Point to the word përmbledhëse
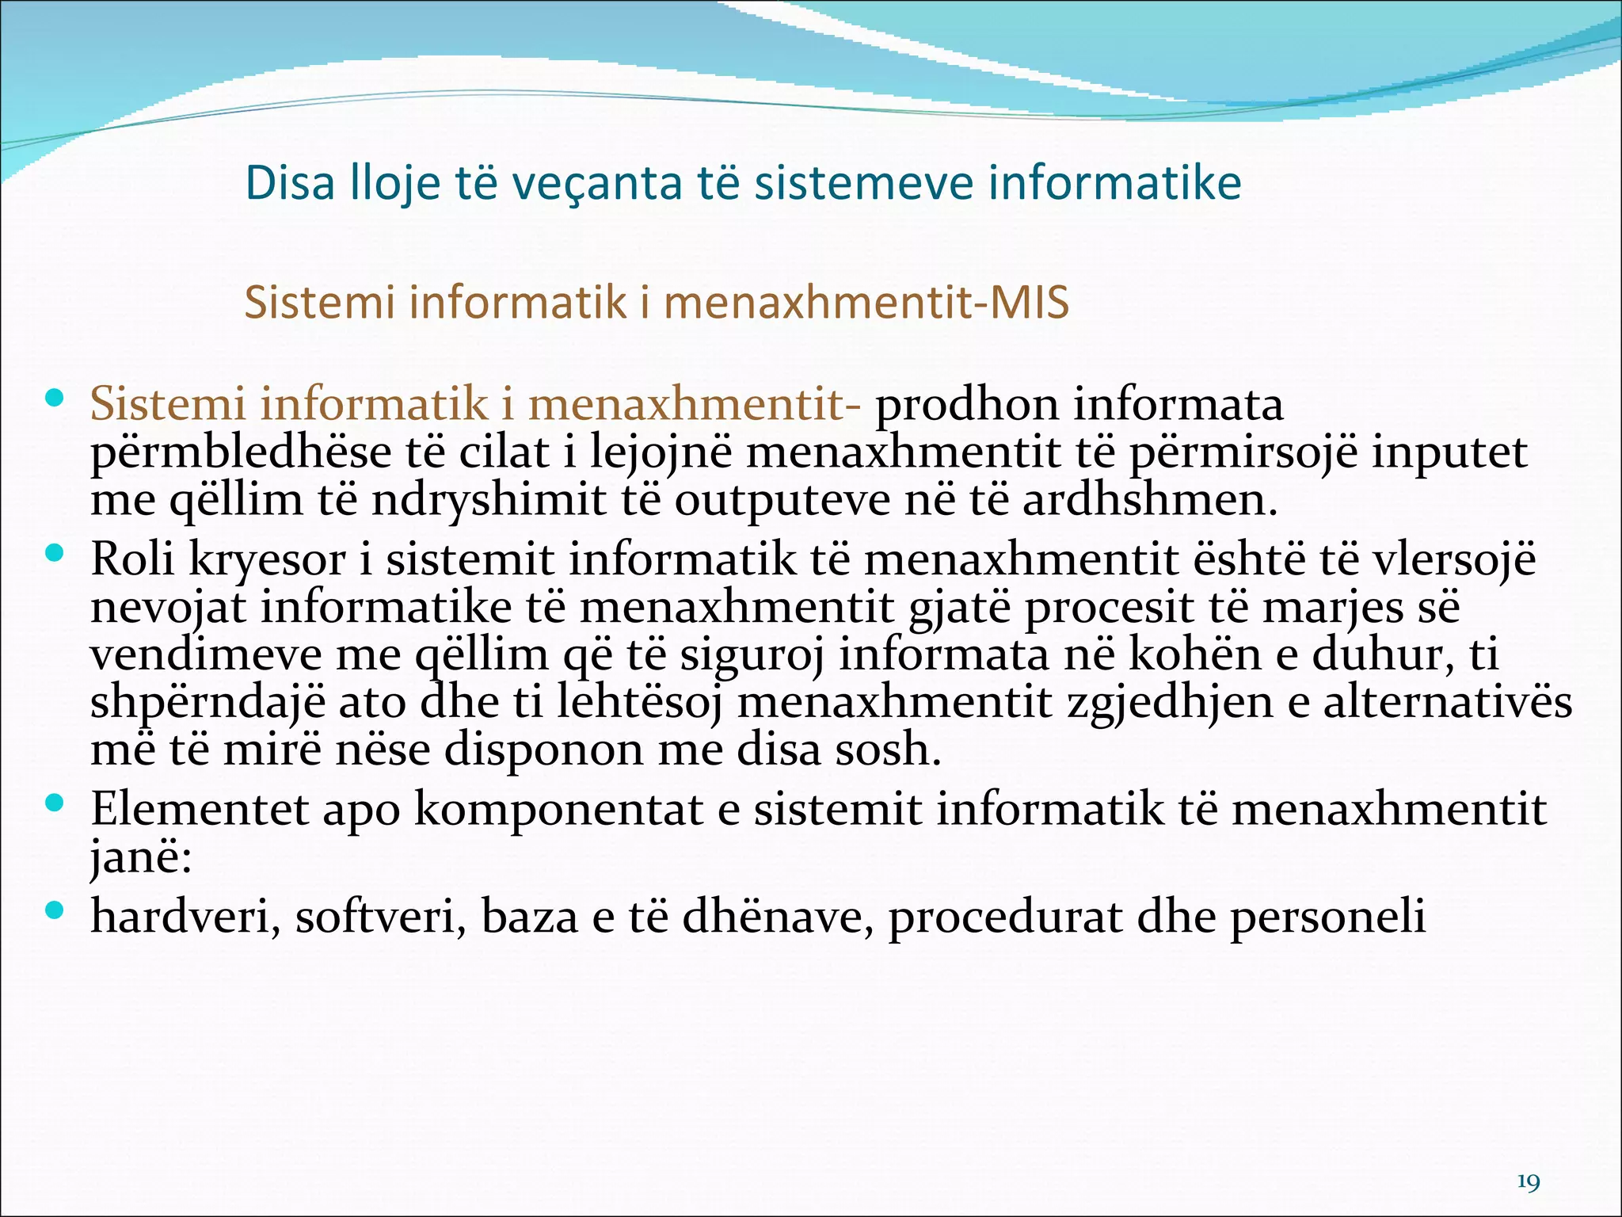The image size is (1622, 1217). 241,453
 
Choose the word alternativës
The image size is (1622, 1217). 1448,703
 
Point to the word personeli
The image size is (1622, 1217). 1328,918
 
